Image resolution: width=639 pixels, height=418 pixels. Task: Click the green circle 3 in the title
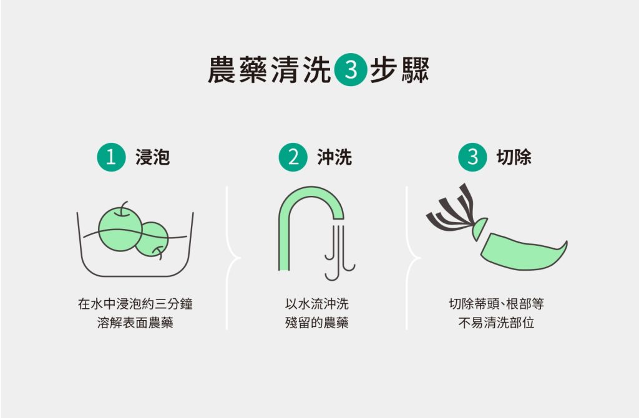coord(351,70)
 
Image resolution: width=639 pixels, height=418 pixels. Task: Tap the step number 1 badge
coord(111,157)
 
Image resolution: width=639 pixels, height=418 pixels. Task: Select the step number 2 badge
coord(293,157)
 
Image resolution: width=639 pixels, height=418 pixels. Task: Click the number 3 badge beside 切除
coord(472,157)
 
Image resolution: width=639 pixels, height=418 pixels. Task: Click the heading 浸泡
coord(152,157)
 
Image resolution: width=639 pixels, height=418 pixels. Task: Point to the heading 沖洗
coord(334,157)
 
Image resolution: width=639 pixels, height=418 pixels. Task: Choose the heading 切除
coord(514,157)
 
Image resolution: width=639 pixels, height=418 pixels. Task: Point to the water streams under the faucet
coord(339,253)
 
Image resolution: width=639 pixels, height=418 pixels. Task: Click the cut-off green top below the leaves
coord(480,229)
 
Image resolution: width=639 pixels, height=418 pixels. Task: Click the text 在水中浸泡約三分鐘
coord(135,304)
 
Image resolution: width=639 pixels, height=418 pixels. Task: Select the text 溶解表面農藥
coord(135,323)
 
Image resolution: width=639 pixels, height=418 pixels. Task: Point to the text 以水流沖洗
coord(316,304)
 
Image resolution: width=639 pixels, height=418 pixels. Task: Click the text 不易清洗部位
coord(496,323)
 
